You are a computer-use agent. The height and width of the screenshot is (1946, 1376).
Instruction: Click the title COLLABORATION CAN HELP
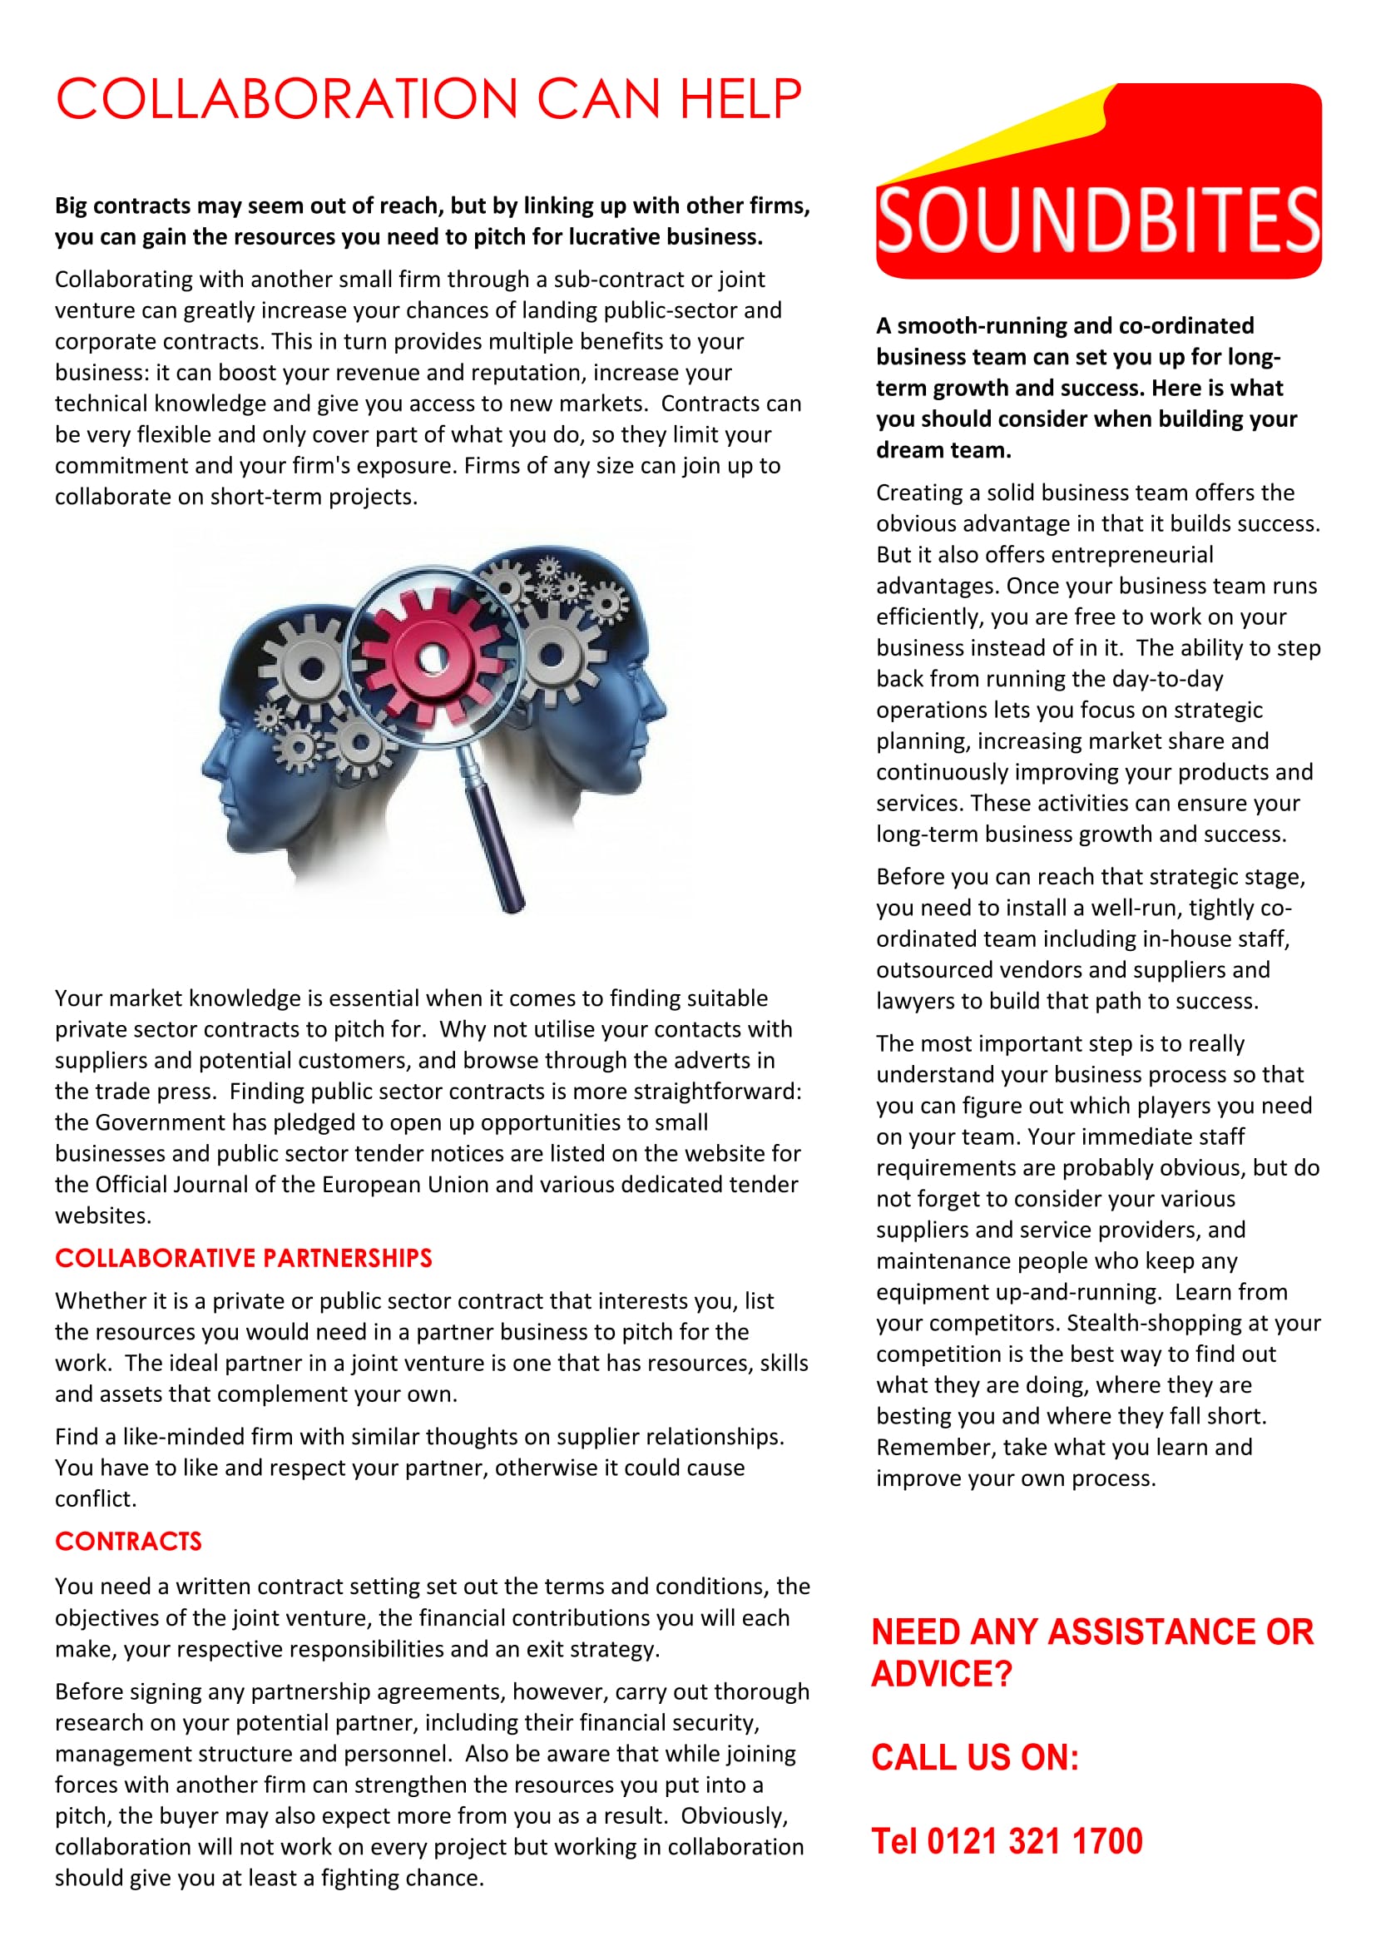tap(428, 99)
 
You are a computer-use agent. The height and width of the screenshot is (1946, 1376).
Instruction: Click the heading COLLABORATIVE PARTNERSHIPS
tap(243, 1258)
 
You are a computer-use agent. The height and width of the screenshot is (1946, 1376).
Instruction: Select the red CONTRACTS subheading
tap(129, 1541)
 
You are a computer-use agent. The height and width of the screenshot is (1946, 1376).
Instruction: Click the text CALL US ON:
tap(974, 1758)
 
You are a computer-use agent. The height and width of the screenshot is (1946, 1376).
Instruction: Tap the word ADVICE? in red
tap(942, 1674)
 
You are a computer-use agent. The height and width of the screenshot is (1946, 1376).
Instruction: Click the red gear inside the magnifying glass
tap(433, 657)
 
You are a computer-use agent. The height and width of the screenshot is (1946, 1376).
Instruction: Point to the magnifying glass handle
tap(496, 839)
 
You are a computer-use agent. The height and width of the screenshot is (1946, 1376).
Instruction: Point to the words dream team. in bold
tap(943, 450)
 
